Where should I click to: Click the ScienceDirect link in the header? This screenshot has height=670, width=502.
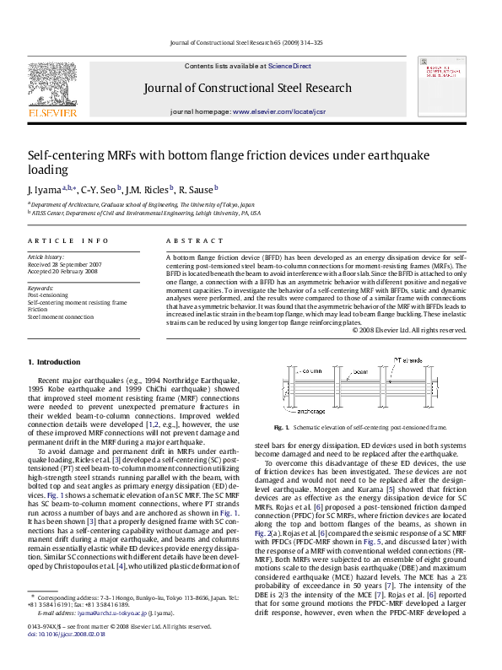click(289, 66)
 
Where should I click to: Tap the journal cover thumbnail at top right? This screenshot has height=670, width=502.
click(444, 88)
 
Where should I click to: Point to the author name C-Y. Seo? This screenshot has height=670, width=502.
click(100, 190)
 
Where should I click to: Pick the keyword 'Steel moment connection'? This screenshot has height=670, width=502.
click(61, 316)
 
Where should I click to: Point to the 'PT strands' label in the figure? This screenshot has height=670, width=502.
click(408, 359)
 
